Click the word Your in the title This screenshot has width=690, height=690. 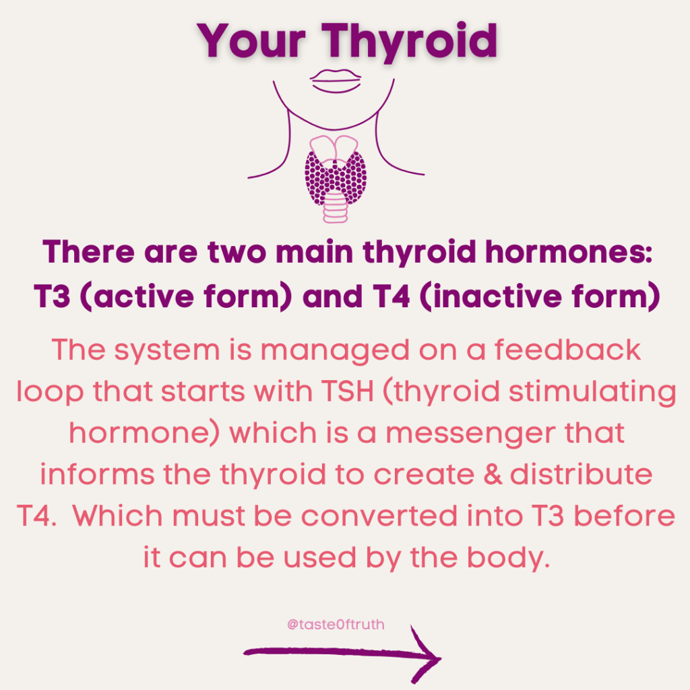tap(251, 40)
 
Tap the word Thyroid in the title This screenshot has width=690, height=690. tap(410, 42)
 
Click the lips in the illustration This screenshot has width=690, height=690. tap(336, 81)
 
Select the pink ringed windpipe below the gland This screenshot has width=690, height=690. tap(336, 207)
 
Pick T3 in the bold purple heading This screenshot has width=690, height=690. tap(53, 296)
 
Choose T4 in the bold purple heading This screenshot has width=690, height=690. tap(391, 296)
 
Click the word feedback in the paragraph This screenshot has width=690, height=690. tap(567, 350)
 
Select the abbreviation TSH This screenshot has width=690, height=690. tap(347, 391)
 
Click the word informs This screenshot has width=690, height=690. tap(97, 474)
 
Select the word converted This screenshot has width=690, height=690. tap(379, 515)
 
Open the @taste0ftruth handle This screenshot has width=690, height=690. tap(336, 625)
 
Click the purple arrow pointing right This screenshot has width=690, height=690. tap(342, 654)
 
